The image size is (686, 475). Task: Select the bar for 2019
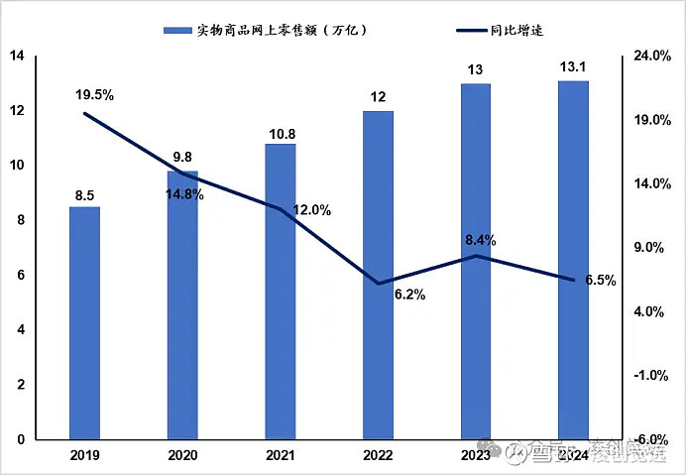(84, 322)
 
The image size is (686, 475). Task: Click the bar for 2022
(378, 275)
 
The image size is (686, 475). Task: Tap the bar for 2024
(573, 260)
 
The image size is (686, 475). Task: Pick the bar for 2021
(280, 292)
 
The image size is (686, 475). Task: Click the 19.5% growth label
(95, 95)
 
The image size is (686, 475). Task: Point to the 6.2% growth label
(409, 295)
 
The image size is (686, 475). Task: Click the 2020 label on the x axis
(182, 455)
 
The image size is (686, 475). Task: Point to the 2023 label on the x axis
(476, 455)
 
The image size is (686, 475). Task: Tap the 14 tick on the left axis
(16, 57)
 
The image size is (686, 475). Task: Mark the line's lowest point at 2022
(378, 284)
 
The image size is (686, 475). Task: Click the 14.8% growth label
(184, 194)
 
